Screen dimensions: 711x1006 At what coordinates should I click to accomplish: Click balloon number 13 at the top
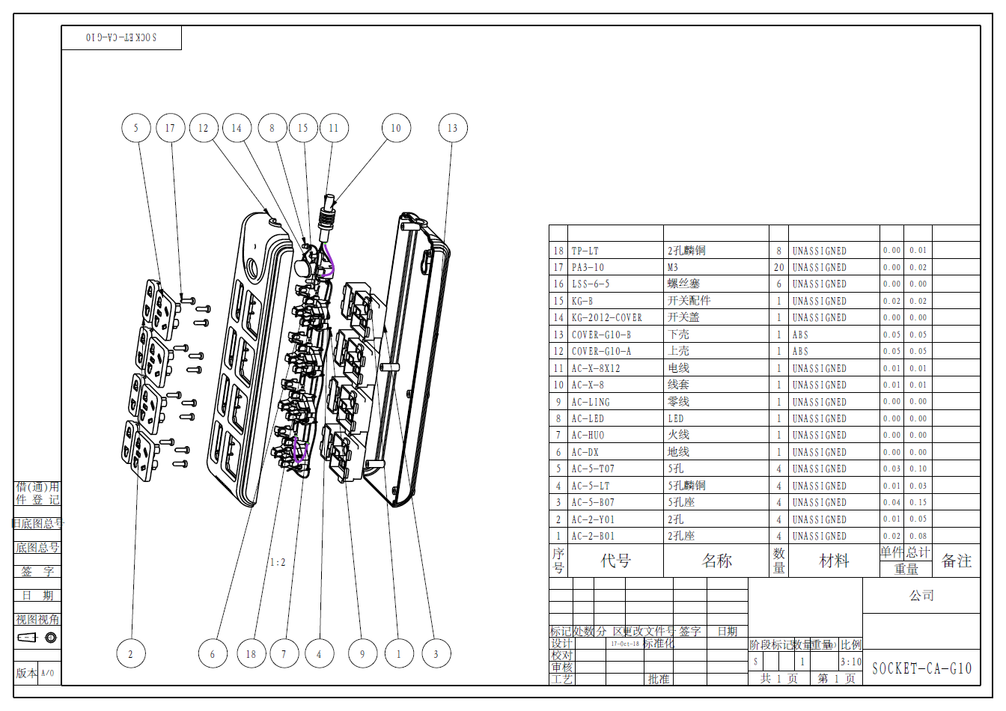[453, 128]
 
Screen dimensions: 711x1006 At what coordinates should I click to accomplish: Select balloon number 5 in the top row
[135, 128]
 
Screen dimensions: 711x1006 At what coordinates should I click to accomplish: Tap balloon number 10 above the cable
[396, 128]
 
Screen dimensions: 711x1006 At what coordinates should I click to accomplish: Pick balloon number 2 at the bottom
[131, 654]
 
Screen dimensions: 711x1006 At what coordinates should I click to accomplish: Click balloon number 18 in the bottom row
[251, 654]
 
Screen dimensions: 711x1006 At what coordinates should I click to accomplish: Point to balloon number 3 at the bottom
[436, 654]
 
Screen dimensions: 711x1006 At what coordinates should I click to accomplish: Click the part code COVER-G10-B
[601, 335]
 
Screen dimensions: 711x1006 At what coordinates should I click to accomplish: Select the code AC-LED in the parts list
[588, 418]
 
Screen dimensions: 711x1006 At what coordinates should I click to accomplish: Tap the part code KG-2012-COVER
[606, 317]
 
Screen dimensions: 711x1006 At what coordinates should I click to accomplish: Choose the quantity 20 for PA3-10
[778, 267]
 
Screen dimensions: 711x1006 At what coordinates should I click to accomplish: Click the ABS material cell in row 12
[800, 351]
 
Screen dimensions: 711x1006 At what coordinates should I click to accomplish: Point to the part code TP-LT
[585, 251]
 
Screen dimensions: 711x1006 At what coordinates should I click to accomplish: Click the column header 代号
[615, 561]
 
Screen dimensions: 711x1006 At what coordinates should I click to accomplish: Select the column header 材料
[834, 561]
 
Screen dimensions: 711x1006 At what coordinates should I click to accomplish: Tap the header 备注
[956, 561]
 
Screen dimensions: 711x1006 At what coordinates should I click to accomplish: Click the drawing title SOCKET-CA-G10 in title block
[921, 668]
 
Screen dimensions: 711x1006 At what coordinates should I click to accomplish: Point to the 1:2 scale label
[278, 562]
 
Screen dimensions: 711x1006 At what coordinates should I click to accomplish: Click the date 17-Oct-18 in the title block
[625, 644]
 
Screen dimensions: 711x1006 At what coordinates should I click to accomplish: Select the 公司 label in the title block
[921, 596]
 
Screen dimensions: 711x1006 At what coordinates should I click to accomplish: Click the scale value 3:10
[850, 662]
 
